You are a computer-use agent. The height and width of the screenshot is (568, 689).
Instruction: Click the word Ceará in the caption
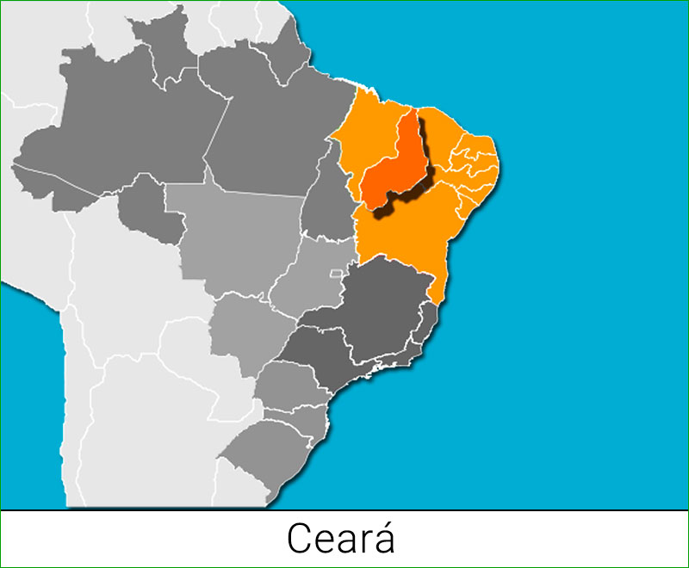pyautogui.click(x=340, y=539)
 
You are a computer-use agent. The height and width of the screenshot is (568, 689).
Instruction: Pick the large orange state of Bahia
pyautogui.click(x=405, y=232)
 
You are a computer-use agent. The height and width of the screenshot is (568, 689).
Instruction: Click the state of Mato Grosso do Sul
pyautogui.click(x=245, y=331)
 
